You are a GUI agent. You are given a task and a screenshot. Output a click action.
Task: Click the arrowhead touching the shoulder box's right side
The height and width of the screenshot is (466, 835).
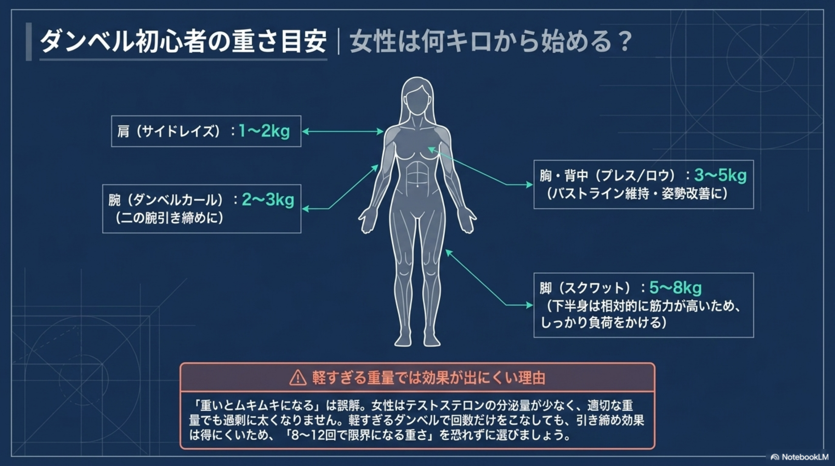tap(305, 131)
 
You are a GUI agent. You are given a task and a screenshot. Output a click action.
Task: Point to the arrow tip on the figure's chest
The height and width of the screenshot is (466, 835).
tap(430, 149)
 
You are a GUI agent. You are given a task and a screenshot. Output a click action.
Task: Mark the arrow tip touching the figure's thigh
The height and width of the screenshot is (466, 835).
tap(448, 252)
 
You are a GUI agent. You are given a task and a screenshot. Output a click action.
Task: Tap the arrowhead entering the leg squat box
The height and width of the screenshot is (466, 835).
tap(530, 305)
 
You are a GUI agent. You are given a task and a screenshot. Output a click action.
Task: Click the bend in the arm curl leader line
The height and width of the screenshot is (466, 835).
tap(329, 209)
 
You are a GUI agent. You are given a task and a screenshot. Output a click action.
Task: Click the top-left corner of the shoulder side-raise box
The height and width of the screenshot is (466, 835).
tap(112, 116)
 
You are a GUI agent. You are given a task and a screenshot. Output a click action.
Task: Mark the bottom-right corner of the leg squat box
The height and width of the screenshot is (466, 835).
tap(753, 337)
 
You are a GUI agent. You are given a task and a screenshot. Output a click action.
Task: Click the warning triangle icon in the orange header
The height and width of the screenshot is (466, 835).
tap(298, 378)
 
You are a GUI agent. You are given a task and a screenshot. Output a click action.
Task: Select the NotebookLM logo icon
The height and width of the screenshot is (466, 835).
tap(775, 457)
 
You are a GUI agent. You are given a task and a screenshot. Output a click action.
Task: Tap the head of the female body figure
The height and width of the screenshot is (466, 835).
tap(417, 97)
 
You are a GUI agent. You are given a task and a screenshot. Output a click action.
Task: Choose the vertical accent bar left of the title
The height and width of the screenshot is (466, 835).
tap(29, 42)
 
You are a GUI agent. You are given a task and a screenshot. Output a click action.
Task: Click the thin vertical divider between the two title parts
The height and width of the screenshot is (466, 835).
tap(339, 42)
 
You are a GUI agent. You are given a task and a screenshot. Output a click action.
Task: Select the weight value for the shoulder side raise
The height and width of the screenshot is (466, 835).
tap(264, 131)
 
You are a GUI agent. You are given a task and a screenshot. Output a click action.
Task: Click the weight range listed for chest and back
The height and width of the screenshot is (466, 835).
tap(720, 175)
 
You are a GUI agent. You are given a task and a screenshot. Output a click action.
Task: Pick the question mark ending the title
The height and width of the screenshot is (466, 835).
tap(625, 42)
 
